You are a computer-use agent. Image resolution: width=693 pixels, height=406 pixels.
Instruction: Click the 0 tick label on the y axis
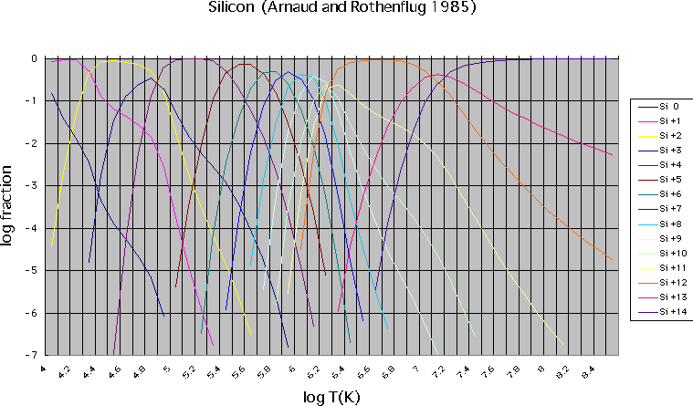tap(34, 58)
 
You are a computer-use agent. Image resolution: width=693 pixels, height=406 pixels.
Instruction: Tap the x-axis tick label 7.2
tap(439, 370)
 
